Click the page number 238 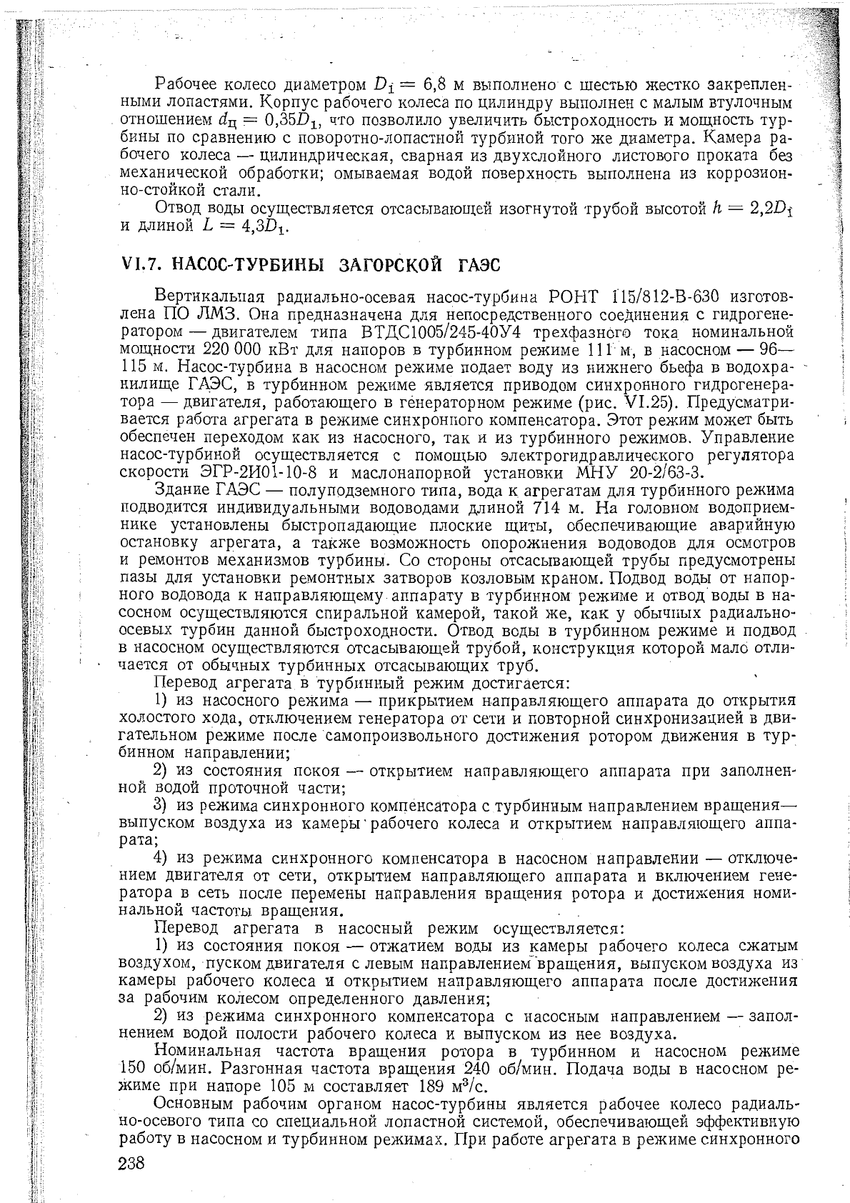pyautogui.click(x=131, y=1163)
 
